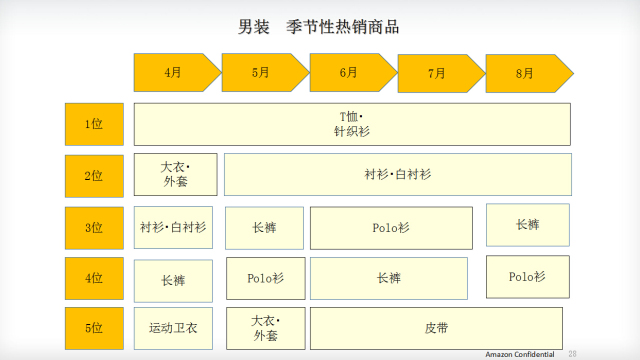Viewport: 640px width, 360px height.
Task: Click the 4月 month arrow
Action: coord(175,72)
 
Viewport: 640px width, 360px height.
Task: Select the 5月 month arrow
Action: coord(262,72)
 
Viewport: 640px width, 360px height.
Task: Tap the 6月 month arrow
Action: coord(350,72)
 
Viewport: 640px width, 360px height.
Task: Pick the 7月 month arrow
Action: coord(438,73)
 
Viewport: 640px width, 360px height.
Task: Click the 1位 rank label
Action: coord(95,124)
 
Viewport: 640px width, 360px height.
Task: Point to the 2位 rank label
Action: coord(95,175)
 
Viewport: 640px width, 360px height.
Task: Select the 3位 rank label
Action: coord(95,228)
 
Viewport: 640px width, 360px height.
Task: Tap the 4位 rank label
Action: coord(95,279)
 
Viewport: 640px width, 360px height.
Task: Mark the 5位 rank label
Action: coord(95,327)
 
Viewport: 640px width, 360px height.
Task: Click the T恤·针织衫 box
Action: coord(352,124)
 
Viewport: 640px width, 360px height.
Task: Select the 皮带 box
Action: coord(436,327)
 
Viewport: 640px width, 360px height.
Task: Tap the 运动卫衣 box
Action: coord(175,327)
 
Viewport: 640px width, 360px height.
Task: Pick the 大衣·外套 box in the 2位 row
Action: coord(175,174)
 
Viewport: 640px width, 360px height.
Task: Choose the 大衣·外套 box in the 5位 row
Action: coord(264,327)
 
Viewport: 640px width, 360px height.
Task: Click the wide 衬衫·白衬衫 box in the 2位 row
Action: coord(397,174)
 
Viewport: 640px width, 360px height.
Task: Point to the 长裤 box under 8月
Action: coord(528,225)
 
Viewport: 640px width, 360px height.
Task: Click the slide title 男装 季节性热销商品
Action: coord(319,27)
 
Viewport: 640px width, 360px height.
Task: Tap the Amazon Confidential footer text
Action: coord(520,354)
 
